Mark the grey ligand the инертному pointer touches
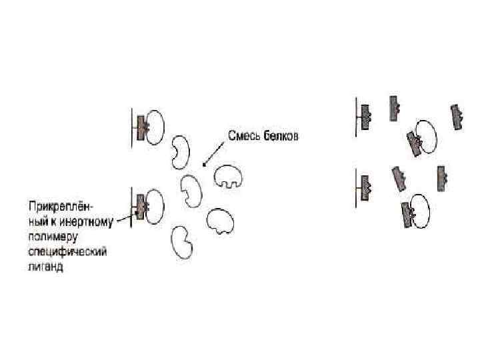(140, 206)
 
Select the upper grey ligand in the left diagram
(141, 125)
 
